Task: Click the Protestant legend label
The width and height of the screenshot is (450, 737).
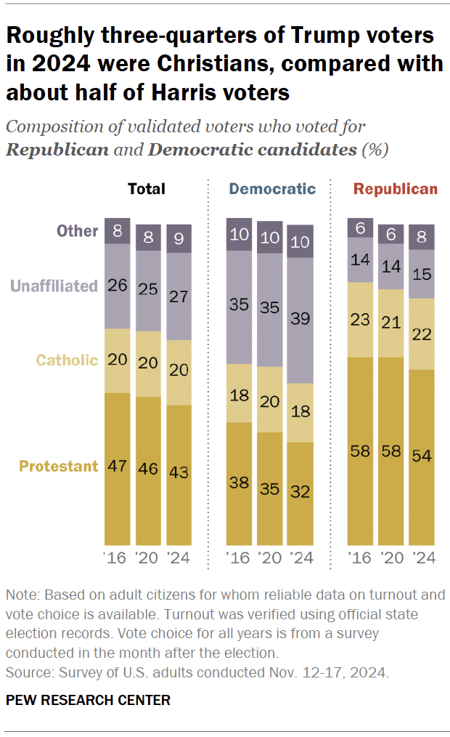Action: pos(58,467)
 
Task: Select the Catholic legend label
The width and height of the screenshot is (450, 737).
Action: pos(67,360)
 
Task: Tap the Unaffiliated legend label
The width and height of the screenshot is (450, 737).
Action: pos(54,285)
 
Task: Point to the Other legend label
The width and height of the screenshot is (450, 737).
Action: pos(77,231)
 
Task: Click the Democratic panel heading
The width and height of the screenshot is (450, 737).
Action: pos(272,189)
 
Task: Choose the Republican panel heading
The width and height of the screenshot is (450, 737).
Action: pos(396,189)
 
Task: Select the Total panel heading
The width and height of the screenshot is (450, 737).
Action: pos(147,189)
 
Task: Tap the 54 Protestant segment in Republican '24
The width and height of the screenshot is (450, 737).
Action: pos(422,457)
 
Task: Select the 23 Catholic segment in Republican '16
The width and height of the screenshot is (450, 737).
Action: pos(361,319)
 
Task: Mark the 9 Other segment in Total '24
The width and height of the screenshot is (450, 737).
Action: pos(179,241)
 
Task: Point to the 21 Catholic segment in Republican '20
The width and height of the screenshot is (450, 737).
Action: pos(391,323)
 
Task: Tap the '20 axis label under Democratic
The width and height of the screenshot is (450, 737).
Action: pos(270,559)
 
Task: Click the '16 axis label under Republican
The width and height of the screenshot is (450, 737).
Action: pos(361,559)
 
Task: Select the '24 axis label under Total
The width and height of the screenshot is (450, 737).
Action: pos(179,559)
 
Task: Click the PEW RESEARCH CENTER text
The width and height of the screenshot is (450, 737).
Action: pos(88,700)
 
